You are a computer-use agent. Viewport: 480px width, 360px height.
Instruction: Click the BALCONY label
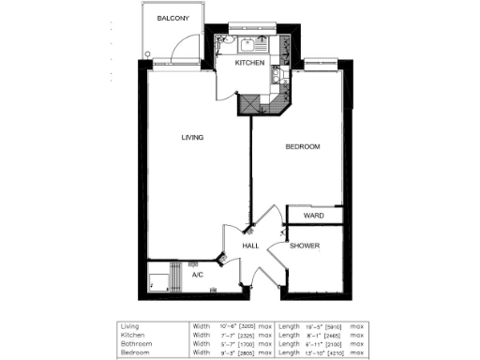click(x=174, y=19)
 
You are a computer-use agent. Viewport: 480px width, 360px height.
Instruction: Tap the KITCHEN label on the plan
click(x=248, y=62)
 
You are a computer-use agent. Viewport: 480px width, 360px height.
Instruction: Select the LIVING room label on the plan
click(x=192, y=137)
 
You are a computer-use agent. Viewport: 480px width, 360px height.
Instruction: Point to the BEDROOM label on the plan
click(x=304, y=147)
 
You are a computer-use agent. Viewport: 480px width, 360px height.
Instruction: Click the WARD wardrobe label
click(x=313, y=216)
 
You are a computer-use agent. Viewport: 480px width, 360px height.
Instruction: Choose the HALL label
click(x=250, y=246)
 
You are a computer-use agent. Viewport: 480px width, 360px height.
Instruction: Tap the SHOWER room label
click(x=304, y=246)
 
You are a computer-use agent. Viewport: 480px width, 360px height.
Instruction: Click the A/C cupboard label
click(x=198, y=276)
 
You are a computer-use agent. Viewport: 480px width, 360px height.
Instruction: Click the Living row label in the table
click(x=129, y=327)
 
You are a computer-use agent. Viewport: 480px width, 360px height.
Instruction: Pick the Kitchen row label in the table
click(x=130, y=335)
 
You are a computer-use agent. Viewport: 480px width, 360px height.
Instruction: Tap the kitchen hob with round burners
click(x=278, y=83)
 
